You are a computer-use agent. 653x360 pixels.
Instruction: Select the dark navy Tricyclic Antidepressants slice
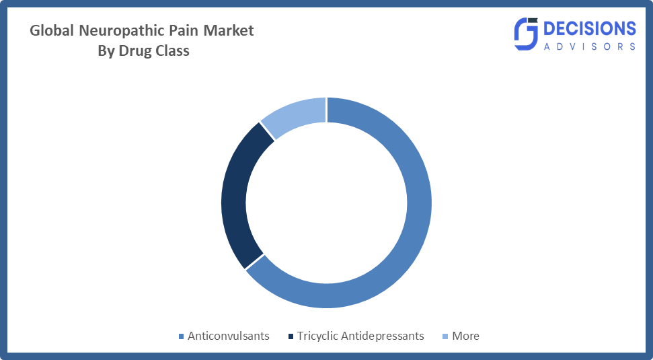click(235, 195)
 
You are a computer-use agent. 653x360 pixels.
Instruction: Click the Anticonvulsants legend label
click(229, 336)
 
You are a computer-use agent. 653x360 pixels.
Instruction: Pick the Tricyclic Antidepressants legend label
click(360, 336)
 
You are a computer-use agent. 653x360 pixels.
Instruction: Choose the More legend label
click(465, 336)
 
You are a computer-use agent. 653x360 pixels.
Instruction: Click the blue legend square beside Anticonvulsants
click(180, 336)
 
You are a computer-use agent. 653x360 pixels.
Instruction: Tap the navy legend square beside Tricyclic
click(290, 336)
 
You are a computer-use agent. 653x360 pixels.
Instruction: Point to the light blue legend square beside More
click(445, 336)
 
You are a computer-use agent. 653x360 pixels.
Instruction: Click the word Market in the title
click(231, 30)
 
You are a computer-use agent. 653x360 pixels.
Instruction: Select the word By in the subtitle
click(106, 51)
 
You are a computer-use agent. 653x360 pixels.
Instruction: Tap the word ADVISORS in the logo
click(588, 46)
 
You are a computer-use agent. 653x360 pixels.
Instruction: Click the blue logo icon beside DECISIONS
click(527, 34)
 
